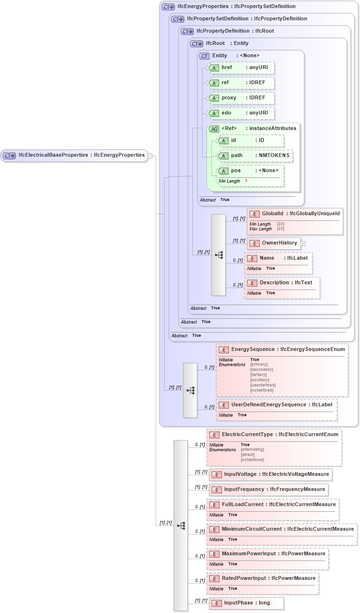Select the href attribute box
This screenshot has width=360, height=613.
pyautogui.click(x=241, y=68)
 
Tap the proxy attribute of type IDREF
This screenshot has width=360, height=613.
pyautogui.click(x=241, y=98)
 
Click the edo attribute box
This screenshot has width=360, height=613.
pyautogui.click(x=241, y=113)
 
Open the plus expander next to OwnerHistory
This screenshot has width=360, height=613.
pyautogui.click(x=303, y=244)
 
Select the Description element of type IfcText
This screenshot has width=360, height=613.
pyautogui.click(x=282, y=283)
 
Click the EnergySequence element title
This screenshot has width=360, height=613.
pyautogui.click(x=253, y=350)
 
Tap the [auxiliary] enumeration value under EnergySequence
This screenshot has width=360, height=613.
pyautogui.click(x=260, y=380)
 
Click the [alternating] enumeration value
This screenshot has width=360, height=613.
pyautogui.click(x=252, y=450)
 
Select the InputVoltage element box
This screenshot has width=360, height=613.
pyautogui.click(x=270, y=474)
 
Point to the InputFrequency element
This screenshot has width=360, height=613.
pyautogui.click(x=268, y=490)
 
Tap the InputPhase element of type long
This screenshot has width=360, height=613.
pyautogui.click(x=246, y=603)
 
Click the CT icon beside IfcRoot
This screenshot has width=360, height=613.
pyautogui.click(x=196, y=44)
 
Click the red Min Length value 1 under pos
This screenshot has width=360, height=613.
pyautogui.click(x=246, y=181)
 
